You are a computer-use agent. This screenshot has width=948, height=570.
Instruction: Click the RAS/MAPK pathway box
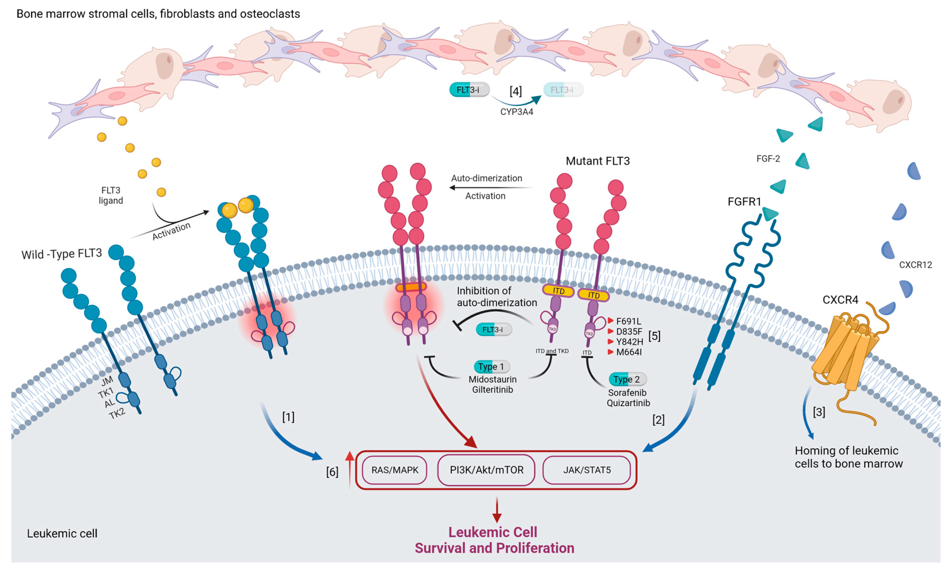click(395, 470)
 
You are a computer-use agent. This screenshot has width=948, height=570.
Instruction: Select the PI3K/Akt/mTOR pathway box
click(486, 470)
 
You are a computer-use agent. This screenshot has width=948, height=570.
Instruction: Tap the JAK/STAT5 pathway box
click(587, 470)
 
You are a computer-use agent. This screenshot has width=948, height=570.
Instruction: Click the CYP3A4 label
click(516, 112)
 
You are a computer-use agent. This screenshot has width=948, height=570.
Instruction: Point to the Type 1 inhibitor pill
click(492, 366)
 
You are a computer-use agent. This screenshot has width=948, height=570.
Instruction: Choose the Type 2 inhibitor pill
click(627, 379)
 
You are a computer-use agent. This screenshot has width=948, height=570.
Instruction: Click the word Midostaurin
click(492, 379)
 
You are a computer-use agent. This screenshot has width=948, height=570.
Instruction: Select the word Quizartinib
click(628, 403)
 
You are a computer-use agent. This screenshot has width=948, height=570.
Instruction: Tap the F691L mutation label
click(628, 321)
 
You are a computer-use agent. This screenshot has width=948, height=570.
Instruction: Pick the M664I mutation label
click(628, 352)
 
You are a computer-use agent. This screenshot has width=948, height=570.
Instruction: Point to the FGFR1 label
click(744, 202)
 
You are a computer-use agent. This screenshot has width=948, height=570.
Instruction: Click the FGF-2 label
click(768, 159)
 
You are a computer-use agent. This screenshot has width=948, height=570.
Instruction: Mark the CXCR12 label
click(915, 265)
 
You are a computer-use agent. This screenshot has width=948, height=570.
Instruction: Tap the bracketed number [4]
click(515, 91)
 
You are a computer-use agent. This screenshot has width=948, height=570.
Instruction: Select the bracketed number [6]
click(332, 472)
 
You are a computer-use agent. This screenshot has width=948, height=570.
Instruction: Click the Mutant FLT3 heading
click(598, 161)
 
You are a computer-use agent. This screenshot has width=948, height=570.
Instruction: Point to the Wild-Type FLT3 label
click(61, 254)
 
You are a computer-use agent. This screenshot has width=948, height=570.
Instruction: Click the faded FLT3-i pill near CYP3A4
click(563, 90)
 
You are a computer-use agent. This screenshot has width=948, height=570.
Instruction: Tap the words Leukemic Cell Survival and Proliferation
click(494, 540)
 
